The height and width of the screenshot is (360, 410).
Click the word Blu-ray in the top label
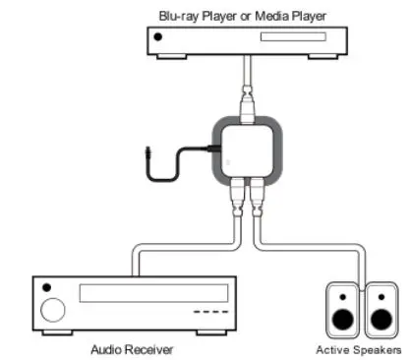tap(180, 14)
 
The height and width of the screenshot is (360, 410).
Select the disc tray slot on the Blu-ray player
tap(278, 41)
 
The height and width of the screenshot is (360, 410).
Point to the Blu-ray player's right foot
tap(316, 56)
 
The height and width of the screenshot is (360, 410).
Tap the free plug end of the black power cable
tap(147, 154)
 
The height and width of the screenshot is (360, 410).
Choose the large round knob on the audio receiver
tap(51, 312)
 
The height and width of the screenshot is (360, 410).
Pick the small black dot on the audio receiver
tap(51, 288)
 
